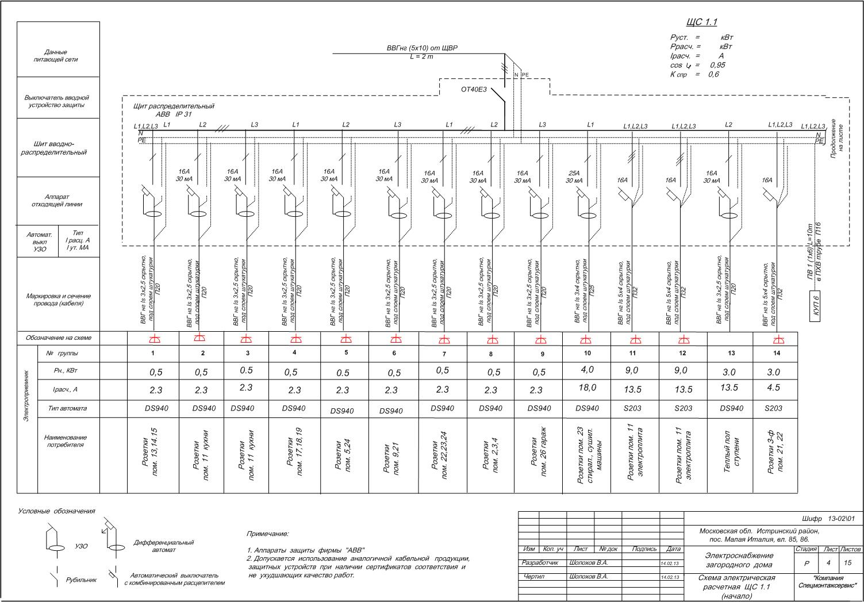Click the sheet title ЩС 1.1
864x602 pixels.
(701, 22)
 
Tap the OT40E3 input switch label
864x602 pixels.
(474, 89)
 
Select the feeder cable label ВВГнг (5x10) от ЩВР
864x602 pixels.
(422, 48)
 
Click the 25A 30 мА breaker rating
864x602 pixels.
(574, 176)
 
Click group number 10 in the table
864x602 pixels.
(586, 352)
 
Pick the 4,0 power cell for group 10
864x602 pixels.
(587, 370)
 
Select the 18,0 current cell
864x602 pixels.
(587, 388)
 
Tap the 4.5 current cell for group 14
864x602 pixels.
(774, 388)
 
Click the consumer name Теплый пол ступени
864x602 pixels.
(731, 455)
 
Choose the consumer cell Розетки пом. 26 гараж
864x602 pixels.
(539, 454)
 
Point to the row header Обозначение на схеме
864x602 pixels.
(58, 338)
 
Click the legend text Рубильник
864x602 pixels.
(81, 580)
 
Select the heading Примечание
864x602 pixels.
(267, 534)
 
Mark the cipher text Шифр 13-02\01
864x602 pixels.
(828, 519)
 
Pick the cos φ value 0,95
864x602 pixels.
(717, 65)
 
